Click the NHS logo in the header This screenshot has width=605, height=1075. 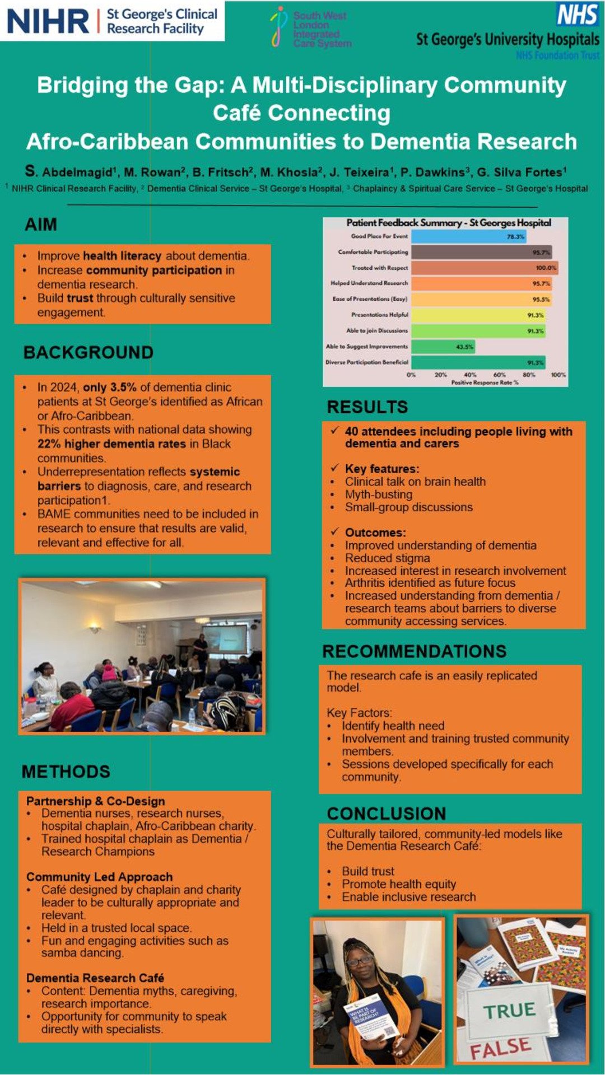[x=578, y=15]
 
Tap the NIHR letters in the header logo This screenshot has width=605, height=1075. [x=48, y=21]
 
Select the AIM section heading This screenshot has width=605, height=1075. [x=41, y=225]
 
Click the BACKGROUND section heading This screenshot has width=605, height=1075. [x=89, y=352]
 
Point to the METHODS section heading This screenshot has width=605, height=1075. [x=66, y=772]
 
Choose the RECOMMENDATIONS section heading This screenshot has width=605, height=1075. [x=415, y=651]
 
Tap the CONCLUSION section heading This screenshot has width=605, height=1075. [x=387, y=814]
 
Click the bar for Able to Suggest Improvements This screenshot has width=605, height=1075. [x=443, y=347]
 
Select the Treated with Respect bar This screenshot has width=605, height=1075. [x=484, y=268]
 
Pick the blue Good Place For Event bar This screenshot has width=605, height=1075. [x=468, y=236]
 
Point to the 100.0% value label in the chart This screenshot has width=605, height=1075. [x=546, y=268]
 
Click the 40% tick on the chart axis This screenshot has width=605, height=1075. [x=470, y=375]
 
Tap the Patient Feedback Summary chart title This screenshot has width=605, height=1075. [x=449, y=223]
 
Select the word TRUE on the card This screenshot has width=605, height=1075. [x=510, y=1010]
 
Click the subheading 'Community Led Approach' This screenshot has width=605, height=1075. [x=99, y=877]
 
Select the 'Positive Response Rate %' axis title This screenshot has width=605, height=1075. [x=485, y=382]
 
